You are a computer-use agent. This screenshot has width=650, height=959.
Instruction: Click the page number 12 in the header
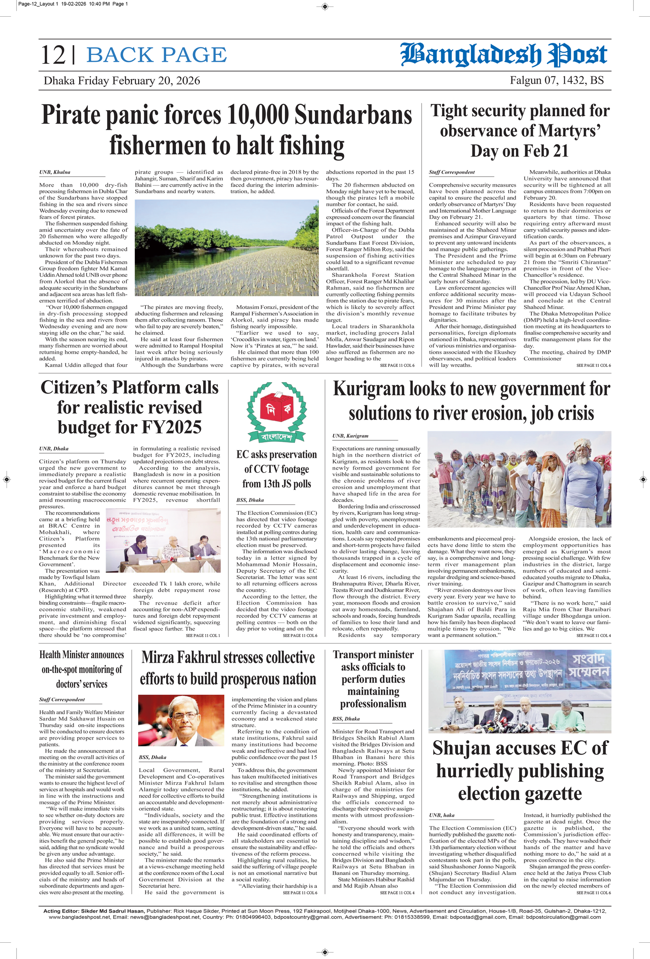(53, 55)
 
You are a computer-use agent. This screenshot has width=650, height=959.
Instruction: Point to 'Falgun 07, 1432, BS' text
(557, 80)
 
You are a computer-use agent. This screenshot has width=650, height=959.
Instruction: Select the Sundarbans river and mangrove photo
(226, 248)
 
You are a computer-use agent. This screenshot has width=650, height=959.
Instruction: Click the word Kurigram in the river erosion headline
(369, 389)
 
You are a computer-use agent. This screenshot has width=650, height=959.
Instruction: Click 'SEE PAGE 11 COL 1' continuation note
(202, 635)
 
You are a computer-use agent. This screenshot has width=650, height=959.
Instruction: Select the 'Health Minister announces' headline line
(82, 655)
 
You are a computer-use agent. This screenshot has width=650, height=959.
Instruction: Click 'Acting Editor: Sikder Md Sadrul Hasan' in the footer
(93, 911)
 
